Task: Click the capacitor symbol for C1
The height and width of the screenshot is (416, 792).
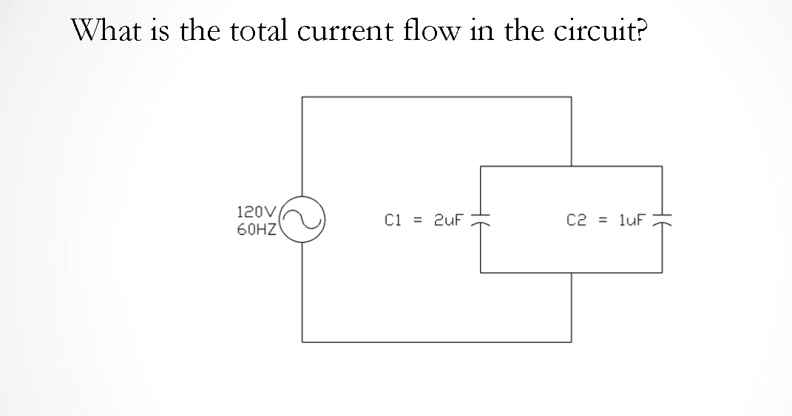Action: [481, 220]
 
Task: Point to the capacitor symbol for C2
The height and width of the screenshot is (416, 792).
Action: [661, 220]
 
